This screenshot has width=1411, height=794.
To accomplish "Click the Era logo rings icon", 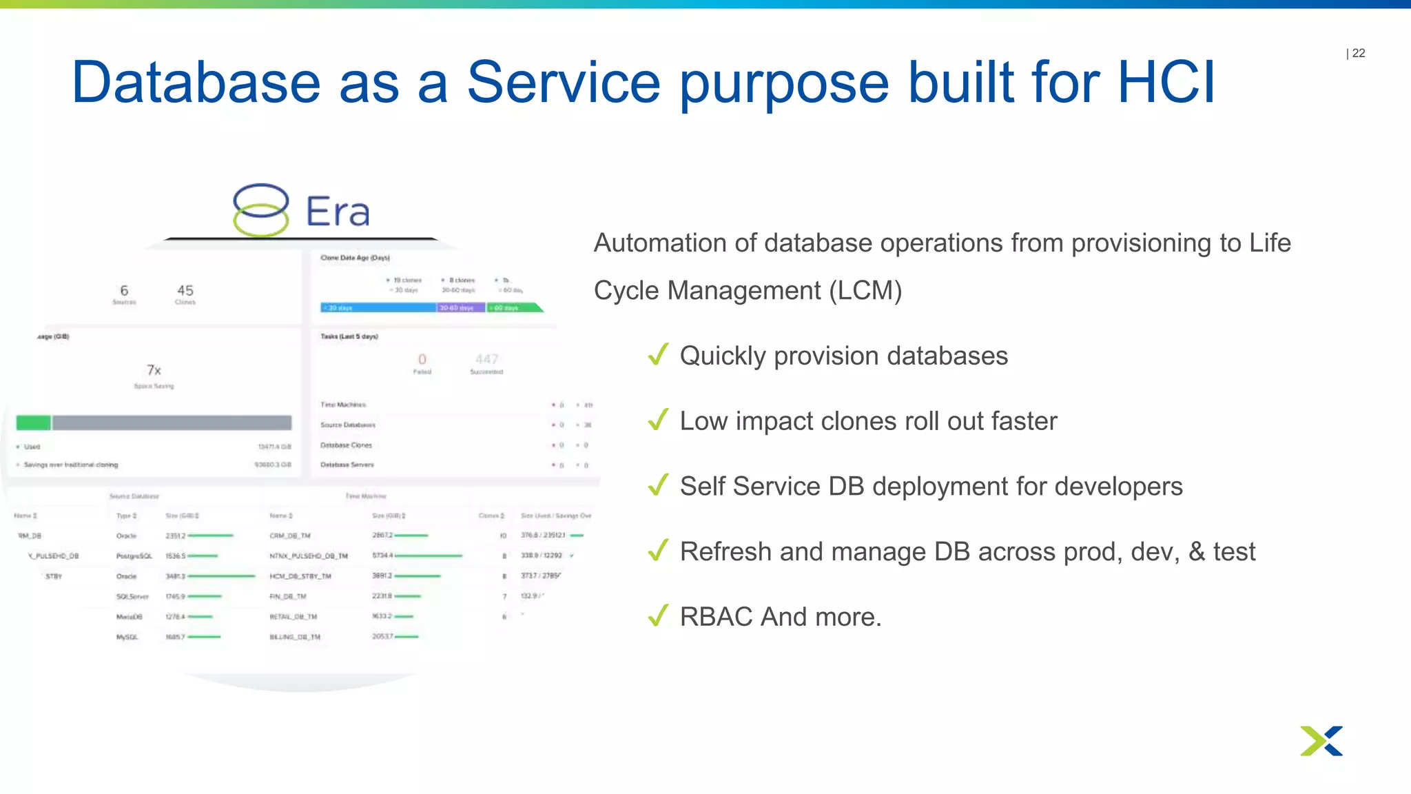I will point(260,210).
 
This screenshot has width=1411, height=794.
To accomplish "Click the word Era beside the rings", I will point(338,212).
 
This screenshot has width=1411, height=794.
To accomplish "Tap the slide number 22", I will point(1358,53).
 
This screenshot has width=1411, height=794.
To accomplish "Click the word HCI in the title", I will point(1166,83).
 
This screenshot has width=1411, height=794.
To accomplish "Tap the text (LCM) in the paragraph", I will point(865,291).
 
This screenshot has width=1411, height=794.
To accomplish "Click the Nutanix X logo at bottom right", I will point(1321,741).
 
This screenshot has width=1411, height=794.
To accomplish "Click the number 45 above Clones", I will point(185,290).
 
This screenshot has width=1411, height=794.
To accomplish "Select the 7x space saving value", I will point(154,370).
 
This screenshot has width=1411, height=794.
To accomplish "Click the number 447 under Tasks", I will point(486,359).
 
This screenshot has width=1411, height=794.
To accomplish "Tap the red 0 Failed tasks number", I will point(422,359).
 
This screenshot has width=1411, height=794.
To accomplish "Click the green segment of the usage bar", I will point(33,423).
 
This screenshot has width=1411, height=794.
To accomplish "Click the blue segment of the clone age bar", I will point(378,307).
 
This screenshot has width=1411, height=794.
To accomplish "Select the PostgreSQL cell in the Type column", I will point(134,556).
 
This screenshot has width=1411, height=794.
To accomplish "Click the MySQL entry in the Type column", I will point(127,638).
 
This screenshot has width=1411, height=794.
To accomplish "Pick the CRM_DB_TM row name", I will point(290,536).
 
